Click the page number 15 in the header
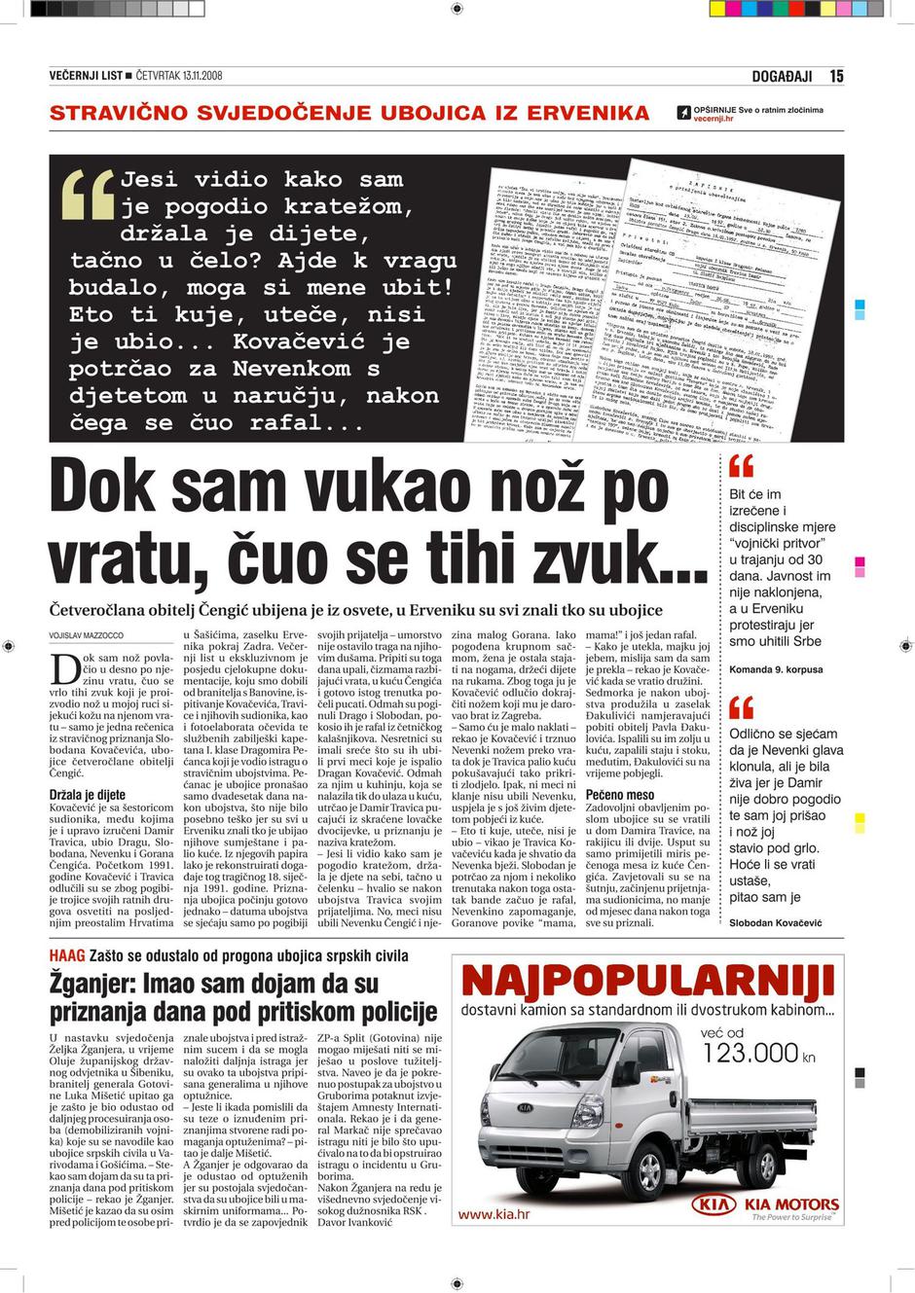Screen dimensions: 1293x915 (836, 76)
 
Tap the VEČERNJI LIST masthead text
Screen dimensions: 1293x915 (86, 76)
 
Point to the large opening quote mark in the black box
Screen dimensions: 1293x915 (89, 195)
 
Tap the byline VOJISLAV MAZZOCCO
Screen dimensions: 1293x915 (87, 636)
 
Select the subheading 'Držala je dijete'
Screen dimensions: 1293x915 (88, 795)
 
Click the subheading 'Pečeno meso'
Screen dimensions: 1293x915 (620, 795)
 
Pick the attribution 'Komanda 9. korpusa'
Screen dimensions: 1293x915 (776, 669)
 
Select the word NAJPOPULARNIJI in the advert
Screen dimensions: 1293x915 (647, 988)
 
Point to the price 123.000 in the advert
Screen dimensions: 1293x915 (750, 1052)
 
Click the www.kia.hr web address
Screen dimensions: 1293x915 (494, 1214)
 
